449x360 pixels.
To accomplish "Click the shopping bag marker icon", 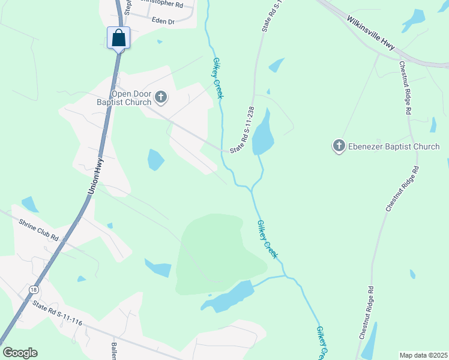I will point(119,38).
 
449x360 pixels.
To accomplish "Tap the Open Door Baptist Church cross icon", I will point(160,96).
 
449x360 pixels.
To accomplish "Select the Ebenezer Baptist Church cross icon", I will point(339,146).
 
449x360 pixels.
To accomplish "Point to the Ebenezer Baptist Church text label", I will point(394,146).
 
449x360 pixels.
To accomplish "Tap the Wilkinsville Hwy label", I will point(370,34).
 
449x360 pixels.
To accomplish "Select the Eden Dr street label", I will point(163,21).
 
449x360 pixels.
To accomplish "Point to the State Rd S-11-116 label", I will point(57,313).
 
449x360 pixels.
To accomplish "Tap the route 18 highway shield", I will point(33,289).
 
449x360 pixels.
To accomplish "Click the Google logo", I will point(20,353).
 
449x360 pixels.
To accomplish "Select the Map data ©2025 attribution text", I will point(423,355).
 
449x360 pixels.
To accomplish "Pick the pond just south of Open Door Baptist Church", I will point(155,159).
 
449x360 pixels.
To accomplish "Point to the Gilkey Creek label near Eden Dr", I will point(218,78).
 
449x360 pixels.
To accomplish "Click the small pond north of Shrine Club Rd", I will point(29,204).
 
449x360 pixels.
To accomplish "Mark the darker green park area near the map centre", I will point(216,252).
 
